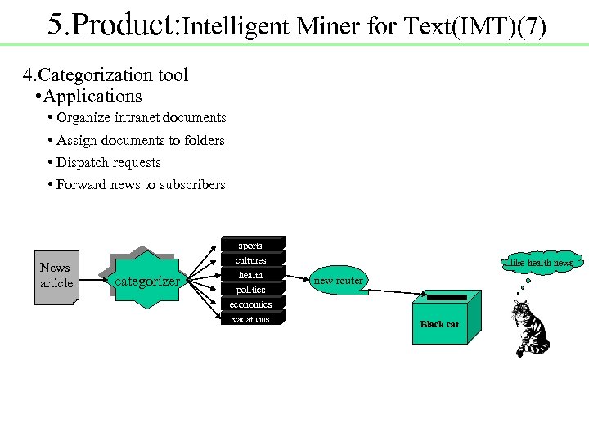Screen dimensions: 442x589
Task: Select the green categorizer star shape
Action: pos(146,281)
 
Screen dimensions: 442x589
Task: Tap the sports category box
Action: pos(250,244)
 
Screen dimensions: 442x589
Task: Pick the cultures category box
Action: pos(250,259)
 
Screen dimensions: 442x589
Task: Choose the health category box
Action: pos(250,274)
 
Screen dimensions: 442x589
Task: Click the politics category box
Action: pos(250,289)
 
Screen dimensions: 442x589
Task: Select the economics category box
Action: pos(250,304)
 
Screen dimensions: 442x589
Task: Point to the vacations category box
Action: pos(250,318)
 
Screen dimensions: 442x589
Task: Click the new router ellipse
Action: pos(338,281)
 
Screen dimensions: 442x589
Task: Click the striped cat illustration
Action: pos(529,327)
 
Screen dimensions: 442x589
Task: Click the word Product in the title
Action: pos(127,25)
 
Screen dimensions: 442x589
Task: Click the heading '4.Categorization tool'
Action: pos(106,75)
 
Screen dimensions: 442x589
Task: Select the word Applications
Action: pos(92,97)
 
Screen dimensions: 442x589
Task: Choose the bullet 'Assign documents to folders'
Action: pos(140,141)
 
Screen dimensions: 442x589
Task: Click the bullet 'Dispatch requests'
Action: pos(108,163)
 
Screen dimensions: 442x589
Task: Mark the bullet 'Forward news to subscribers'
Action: pos(140,185)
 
